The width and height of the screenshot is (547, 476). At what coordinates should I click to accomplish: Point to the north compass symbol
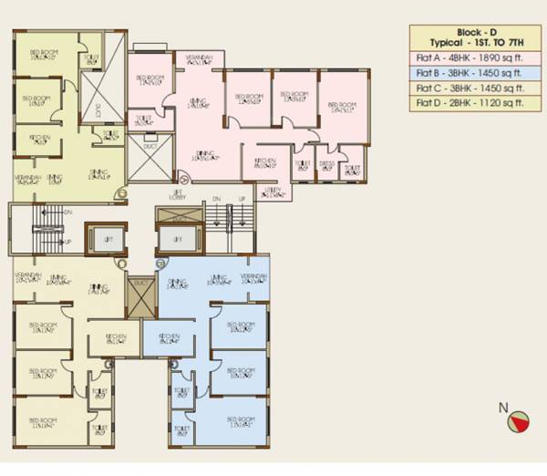pos(518,420)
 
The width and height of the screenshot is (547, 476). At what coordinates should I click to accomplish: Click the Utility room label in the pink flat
pos(272,192)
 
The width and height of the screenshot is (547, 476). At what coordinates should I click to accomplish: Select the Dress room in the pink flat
pos(326,166)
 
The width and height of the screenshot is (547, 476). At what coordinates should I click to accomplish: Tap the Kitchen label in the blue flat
pos(169,337)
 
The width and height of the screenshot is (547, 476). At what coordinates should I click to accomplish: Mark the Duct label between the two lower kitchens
pos(140,284)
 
